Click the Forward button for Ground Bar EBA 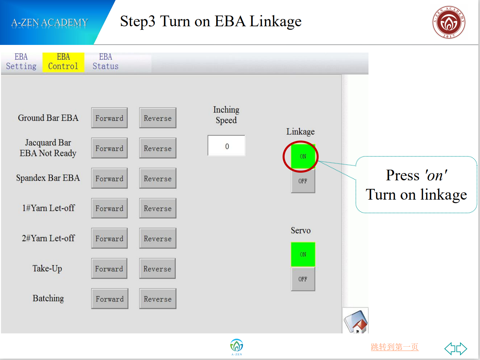[x=109, y=118]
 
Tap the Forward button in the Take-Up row [x=109, y=269]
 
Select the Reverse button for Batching [x=158, y=298]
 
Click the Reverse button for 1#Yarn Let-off [x=158, y=208]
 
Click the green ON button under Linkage [x=303, y=156]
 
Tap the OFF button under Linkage [x=303, y=181]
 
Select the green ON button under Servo [x=303, y=254]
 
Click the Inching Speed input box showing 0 [x=226, y=146]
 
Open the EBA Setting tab [x=21, y=62]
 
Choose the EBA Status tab [x=106, y=62]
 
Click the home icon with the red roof [x=356, y=320]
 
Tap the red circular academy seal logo [x=449, y=22]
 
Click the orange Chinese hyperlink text [x=394, y=347]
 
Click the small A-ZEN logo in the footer [x=237, y=347]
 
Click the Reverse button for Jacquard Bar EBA [x=158, y=148]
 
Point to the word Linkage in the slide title [x=276, y=22]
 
